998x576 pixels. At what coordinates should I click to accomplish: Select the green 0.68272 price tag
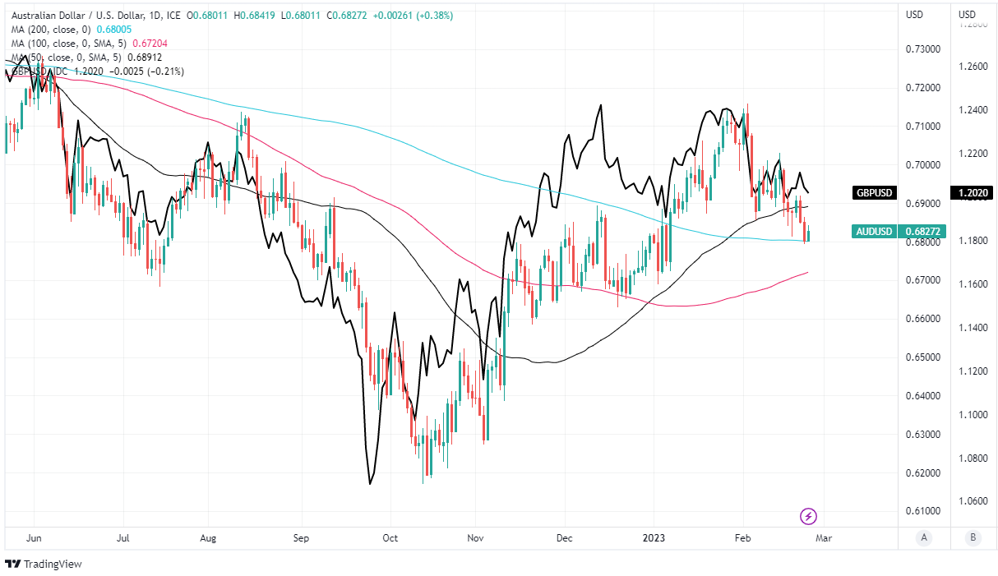pos(924,233)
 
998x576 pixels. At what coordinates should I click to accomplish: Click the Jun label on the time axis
pos(35,538)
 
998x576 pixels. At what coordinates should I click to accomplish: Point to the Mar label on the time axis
pos(825,538)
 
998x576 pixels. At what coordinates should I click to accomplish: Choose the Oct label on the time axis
pos(390,538)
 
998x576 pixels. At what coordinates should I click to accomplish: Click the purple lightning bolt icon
pos(808,516)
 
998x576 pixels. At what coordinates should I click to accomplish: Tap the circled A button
pos(924,538)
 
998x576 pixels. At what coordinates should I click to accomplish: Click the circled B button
pos(973,538)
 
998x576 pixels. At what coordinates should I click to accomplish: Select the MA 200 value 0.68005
pos(115,29)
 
